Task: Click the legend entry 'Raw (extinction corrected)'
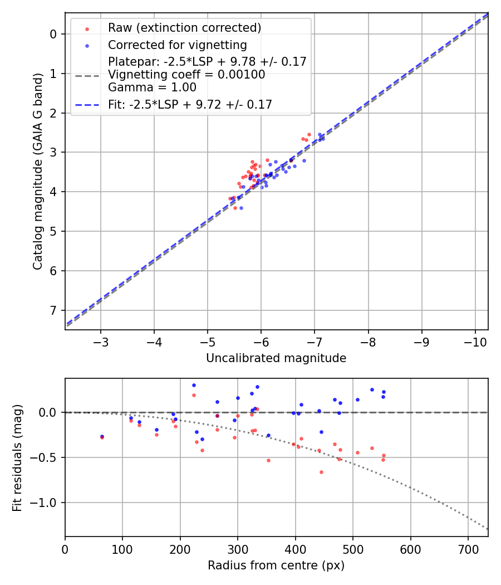[184, 28]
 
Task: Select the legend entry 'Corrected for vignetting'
[177, 45]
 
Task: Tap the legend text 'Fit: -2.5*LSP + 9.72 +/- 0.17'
[190, 105]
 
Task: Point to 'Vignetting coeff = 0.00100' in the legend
[186, 75]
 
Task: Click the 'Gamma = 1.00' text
[152, 87]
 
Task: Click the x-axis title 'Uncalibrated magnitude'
[276, 358]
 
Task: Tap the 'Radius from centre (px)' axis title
[276, 565]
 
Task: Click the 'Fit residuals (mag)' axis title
[17, 457]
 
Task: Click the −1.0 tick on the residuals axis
[47, 503]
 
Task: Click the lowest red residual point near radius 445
[321, 472]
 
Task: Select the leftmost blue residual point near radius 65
[102, 436]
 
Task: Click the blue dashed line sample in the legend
[87, 105]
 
